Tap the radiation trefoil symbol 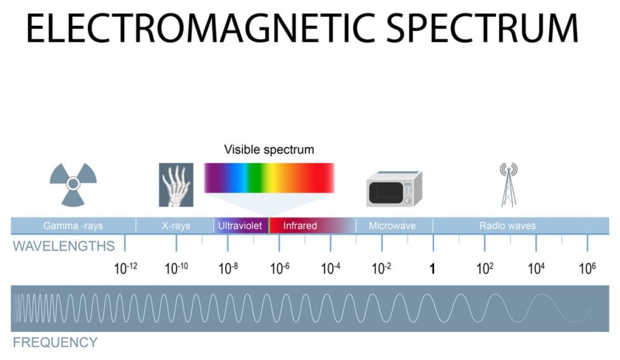click(73, 184)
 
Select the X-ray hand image click(176, 185)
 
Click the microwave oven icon click(394, 189)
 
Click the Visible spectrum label click(269, 150)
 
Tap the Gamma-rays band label click(73, 226)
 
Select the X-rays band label click(176, 226)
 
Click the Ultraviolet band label click(240, 226)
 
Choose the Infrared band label click(300, 226)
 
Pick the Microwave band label click(392, 226)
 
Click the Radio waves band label click(507, 226)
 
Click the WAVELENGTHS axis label click(63, 246)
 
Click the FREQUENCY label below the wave click(55, 343)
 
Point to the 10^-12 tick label click(125, 268)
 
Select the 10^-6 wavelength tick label click(280, 268)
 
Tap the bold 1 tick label click(433, 269)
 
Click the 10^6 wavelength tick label click(588, 268)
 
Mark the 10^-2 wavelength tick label click(381, 268)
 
